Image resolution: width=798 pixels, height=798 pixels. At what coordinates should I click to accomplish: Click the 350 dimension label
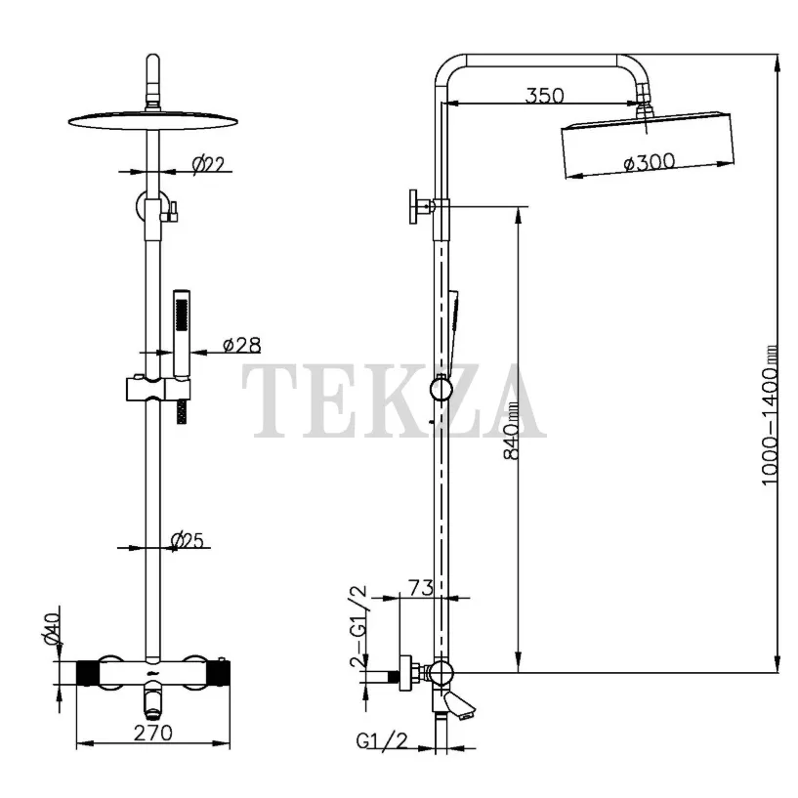point(545,95)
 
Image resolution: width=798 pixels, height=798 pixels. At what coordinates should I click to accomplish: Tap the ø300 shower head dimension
point(650,162)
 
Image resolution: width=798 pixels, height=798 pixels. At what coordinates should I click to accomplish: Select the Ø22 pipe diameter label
point(208,164)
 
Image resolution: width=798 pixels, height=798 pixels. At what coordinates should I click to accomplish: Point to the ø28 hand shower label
point(241,345)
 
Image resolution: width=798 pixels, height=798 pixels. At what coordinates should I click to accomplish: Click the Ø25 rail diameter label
point(187,540)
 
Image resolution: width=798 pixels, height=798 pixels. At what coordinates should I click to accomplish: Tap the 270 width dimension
point(153,733)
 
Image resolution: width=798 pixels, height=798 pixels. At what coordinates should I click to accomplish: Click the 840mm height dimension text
point(512,431)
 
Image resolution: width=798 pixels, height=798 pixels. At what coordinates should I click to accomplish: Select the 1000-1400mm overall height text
point(770,415)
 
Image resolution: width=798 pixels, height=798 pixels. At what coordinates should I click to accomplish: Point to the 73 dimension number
point(420,587)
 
